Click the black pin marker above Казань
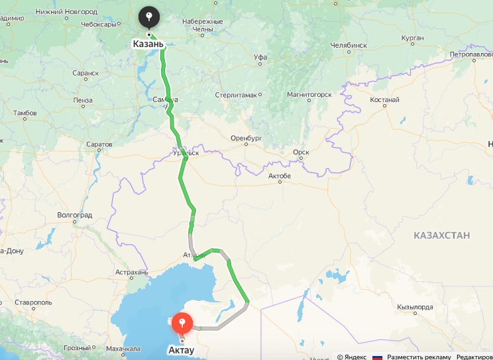pos(149,17)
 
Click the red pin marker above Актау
pos(182,324)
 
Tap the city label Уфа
pos(260,58)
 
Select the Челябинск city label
pos(348,45)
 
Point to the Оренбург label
pos(246,138)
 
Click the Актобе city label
pos(279,175)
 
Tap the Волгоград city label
pos(75,215)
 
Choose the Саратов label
pos(99,144)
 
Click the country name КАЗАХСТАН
pos(441,235)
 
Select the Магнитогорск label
pos(309,95)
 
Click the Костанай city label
pos(384,100)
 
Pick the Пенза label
pos(83,100)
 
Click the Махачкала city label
pos(123,348)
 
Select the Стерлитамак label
pos(235,95)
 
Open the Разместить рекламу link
pos(419,357)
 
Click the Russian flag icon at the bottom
pos(377,357)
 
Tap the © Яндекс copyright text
pos(351,357)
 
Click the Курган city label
pos(412,38)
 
